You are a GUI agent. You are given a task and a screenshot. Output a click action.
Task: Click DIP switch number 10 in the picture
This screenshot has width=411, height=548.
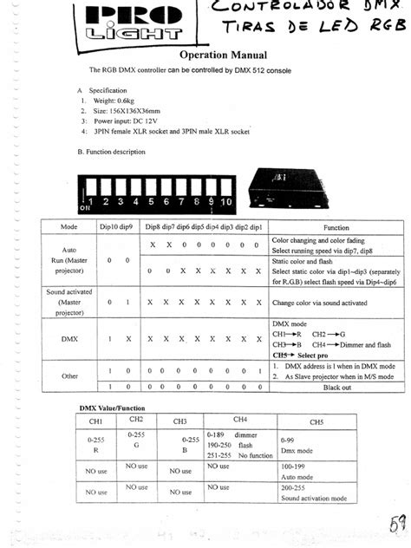click(227, 194)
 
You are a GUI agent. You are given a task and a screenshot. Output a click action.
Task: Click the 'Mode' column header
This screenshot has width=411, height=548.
click(70, 226)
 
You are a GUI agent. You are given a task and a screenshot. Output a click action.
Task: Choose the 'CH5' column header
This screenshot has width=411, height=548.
click(316, 421)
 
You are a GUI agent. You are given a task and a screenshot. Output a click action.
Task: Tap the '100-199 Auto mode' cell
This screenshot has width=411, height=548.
click(315, 472)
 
